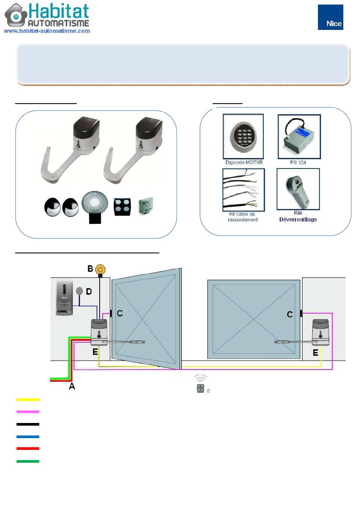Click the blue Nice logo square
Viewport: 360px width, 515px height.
click(x=330, y=17)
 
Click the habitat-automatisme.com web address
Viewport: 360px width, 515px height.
click(x=47, y=31)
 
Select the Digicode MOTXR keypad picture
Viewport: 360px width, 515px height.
click(x=243, y=136)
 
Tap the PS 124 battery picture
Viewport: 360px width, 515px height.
click(x=299, y=137)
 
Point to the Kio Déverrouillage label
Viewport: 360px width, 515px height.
click(x=298, y=216)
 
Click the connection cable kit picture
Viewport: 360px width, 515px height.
click(x=244, y=190)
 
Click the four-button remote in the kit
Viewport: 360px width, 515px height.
click(x=122, y=207)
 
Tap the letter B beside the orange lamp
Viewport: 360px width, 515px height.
click(x=90, y=268)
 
